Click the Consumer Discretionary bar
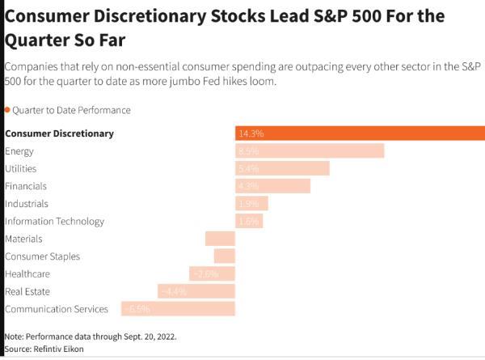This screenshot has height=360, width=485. point(360,133)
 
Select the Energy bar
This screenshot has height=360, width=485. point(310,150)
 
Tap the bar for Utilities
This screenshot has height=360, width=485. point(282,168)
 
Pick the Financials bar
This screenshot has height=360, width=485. point(272,186)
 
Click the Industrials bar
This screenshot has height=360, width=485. point(251,203)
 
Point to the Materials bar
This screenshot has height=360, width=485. point(220,239)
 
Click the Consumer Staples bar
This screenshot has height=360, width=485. point(224,256)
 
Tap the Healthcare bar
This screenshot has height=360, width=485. point(212,273)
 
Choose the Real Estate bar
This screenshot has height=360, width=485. point(196,291)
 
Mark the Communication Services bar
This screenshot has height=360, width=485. point(178,309)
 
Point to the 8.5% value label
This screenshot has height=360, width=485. point(248,150)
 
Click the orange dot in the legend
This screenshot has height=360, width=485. point(7,110)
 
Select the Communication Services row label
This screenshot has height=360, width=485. point(57,309)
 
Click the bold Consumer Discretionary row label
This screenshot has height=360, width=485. point(59,133)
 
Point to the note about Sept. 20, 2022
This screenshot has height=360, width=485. point(90,336)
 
